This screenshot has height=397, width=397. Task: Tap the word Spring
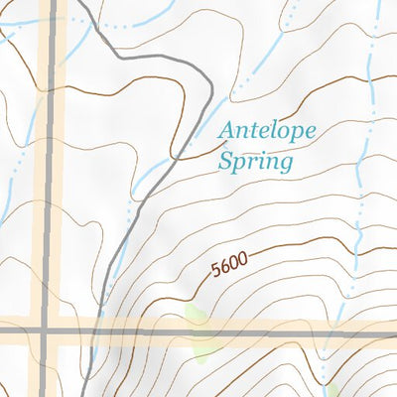pyautogui.click(x=256, y=161)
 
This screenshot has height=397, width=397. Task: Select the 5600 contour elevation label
pyautogui.click(x=228, y=265)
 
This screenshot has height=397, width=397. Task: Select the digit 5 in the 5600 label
pyautogui.click(x=215, y=271)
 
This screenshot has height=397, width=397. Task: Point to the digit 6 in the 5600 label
pyautogui.click(x=223, y=267)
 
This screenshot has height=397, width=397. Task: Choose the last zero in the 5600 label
pyautogui.click(x=241, y=259)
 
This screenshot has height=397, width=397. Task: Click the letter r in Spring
pyautogui.click(x=254, y=162)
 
